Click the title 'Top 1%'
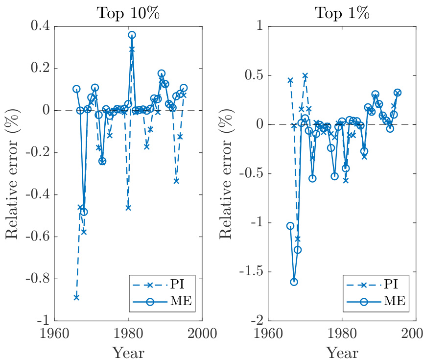(341, 13)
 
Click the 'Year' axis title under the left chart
(128, 352)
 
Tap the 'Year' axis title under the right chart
(342, 352)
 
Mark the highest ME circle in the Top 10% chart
(132, 35)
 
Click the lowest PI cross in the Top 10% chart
(76, 297)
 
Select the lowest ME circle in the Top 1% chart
(294, 282)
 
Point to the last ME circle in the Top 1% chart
(398, 93)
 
